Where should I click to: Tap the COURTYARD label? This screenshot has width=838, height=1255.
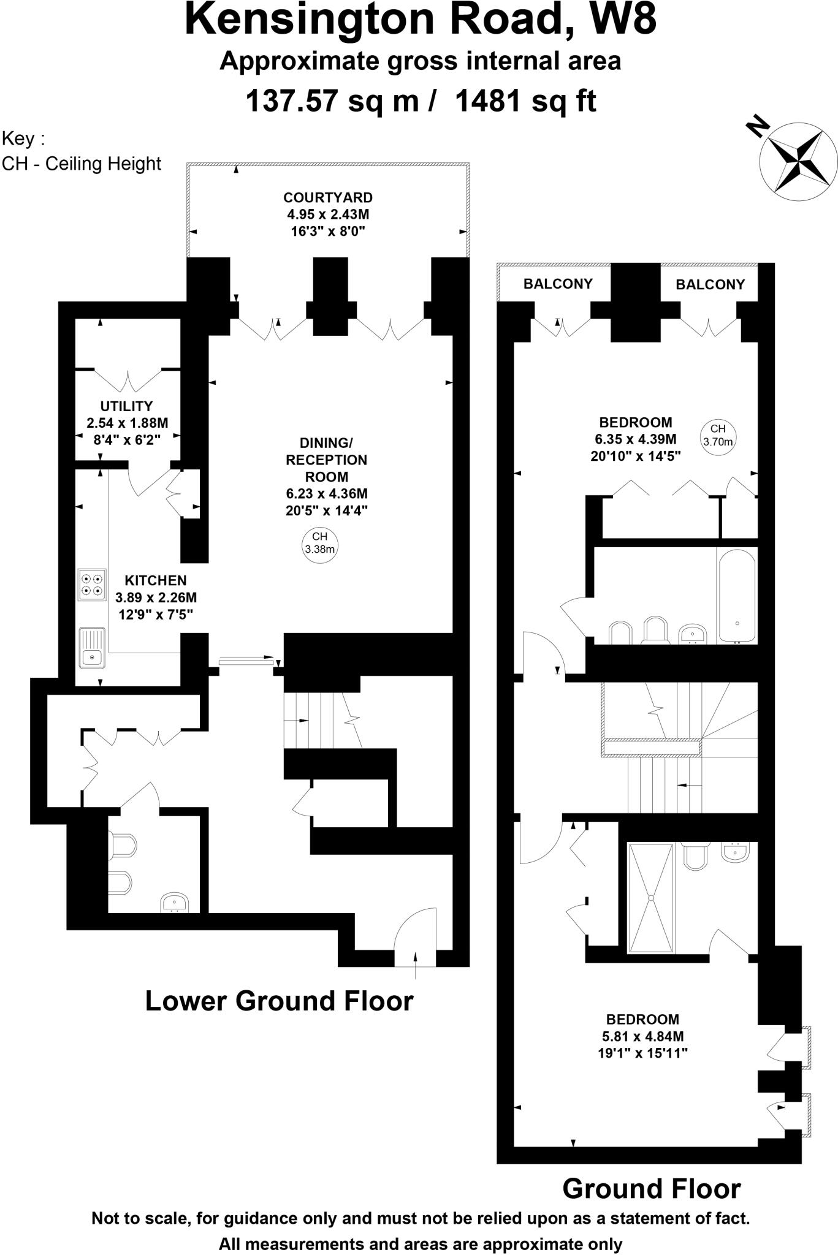pos(328,198)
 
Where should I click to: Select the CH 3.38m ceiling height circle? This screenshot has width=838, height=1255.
pos(320,543)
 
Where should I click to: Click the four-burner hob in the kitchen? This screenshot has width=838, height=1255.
pos(92,585)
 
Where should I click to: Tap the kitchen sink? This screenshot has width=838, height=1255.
pos(92,648)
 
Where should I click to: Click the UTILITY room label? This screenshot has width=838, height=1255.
pos(126,406)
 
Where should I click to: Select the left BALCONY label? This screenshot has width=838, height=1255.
pos(557,284)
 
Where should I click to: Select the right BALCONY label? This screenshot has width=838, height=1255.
pos(710,284)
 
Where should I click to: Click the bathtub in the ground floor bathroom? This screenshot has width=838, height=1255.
pos(737,596)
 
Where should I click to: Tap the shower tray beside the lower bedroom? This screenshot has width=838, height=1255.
pos(651,897)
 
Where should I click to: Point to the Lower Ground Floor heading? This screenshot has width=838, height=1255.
pos(280,1001)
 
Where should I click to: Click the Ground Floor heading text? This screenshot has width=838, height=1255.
pos(651,1189)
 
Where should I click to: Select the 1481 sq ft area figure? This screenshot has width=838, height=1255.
pos(525,101)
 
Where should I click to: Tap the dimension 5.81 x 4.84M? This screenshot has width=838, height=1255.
pos(642,1036)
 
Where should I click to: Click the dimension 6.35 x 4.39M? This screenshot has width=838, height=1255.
pos(635,439)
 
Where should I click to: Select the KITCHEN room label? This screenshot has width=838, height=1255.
pos(156,580)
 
